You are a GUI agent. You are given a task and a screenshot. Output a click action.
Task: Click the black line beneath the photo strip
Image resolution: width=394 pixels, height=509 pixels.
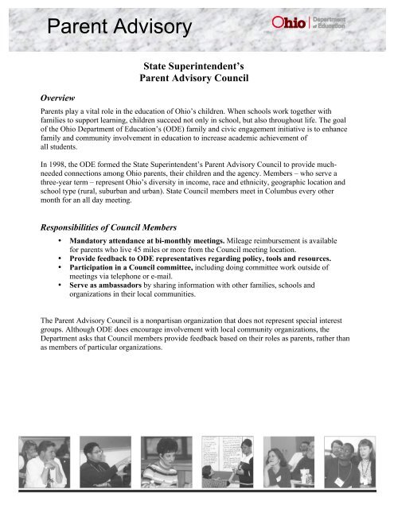(197, 495)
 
